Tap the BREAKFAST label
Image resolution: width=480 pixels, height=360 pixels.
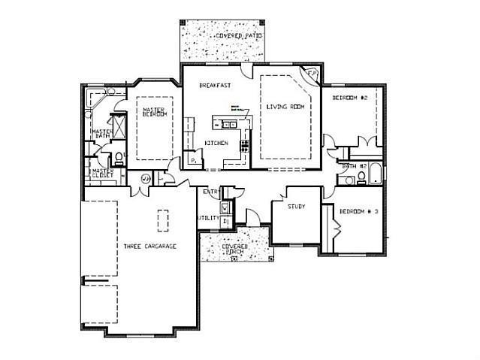[213, 86]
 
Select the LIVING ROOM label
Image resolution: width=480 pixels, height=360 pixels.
[283, 107]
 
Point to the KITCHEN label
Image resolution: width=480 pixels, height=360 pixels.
[216, 143]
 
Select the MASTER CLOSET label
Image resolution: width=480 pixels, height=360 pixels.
[101, 174]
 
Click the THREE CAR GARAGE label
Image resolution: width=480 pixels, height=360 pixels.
[150, 246]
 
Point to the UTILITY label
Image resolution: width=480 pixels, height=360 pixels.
[207, 218]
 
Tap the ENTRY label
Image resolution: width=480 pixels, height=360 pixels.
[211, 192]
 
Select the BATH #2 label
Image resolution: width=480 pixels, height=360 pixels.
[354, 165]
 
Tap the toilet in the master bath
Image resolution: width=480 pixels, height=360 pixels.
[118, 158]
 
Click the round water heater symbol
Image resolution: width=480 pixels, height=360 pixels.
[146, 177]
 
